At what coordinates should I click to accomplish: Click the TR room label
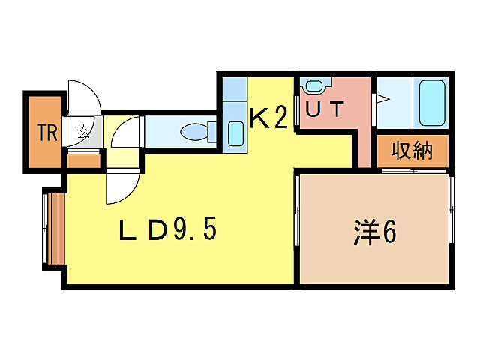(x=47, y=133)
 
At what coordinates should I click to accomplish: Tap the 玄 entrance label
(x=82, y=133)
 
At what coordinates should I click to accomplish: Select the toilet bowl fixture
(x=194, y=132)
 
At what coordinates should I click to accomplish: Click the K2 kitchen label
(x=268, y=117)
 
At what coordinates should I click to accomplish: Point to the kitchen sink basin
(x=235, y=133)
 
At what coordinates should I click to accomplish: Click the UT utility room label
(x=325, y=109)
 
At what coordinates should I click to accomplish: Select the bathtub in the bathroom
(x=432, y=103)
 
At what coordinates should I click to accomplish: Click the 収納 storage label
(x=412, y=151)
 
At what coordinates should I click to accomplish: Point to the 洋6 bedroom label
(x=375, y=232)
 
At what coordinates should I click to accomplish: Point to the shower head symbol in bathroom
(x=383, y=99)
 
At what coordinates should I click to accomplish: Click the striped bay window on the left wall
(x=54, y=228)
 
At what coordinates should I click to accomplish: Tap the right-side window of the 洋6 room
(x=451, y=210)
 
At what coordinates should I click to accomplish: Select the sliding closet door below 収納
(x=414, y=170)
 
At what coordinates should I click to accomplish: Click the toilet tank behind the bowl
(x=212, y=132)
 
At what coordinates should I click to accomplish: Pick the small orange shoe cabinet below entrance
(x=84, y=161)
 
